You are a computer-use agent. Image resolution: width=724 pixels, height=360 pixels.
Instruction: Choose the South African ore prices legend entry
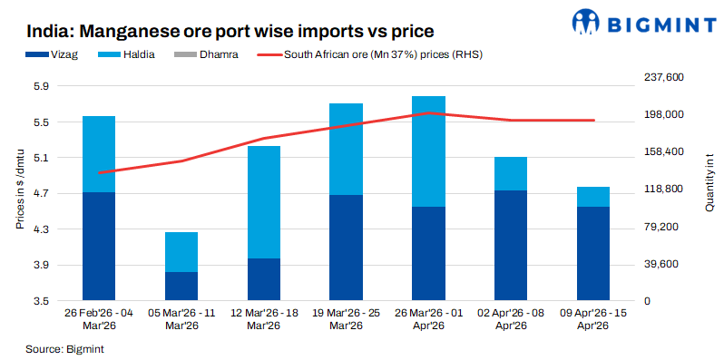pyautogui.click(x=381, y=54)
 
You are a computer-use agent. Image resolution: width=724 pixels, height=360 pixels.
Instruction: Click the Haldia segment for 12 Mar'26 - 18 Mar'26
pyautogui.click(x=263, y=201)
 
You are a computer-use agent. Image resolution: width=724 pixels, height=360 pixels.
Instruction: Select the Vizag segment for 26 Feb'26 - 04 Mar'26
pyautogui.click(x=99, y=246)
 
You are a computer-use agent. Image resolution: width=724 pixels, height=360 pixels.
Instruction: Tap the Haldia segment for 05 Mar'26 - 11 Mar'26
pyautogui.click(x=181, y=252)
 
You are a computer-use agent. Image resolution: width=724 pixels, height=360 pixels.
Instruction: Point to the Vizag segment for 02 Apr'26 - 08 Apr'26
pyautogui.click(x=511, y=245)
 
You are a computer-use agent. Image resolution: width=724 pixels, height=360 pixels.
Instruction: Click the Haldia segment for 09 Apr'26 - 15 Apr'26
pyautogui.click(x=593, y=197)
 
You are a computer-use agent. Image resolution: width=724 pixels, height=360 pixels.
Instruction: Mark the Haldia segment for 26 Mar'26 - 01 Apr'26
pyautogui.click(x=428, y=151)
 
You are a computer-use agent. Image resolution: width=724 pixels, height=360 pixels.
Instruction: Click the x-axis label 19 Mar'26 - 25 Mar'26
pyautogui.click(x=346, y=319)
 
